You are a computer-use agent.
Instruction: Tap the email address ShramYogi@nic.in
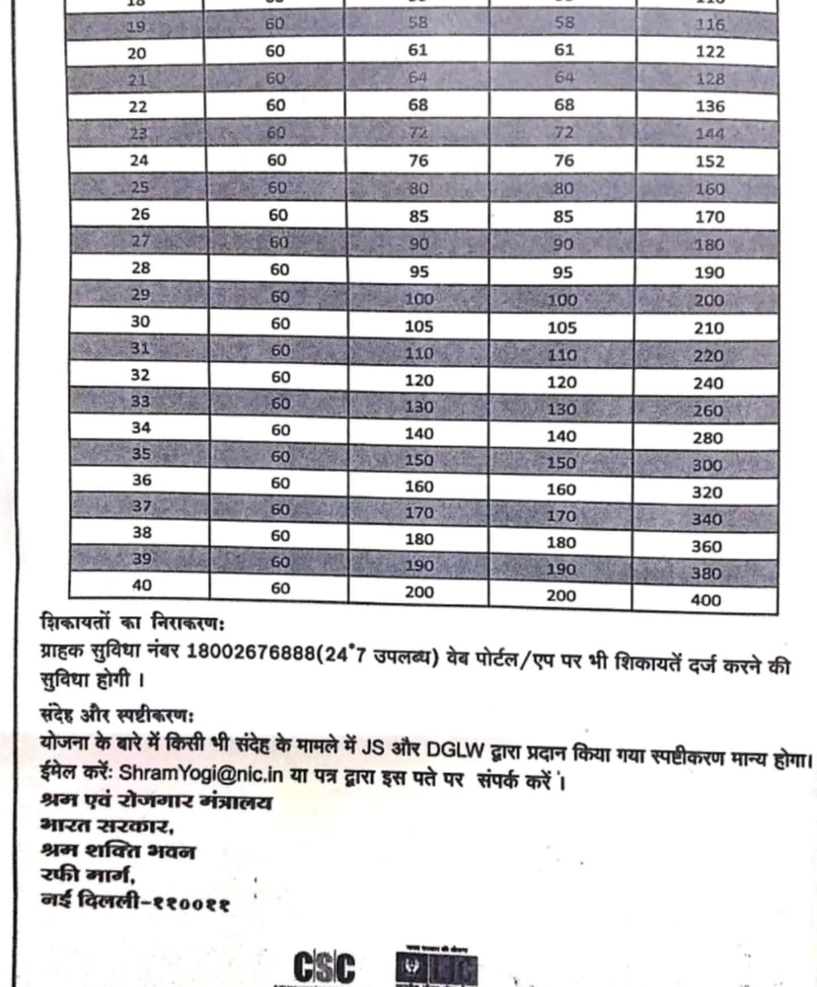click(x=201, y=774)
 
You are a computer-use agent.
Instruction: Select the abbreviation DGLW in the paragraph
click(x=455, y=750)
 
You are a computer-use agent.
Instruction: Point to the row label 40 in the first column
click(x=141, y=585)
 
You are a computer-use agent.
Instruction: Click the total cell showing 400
click(x=706, y=600)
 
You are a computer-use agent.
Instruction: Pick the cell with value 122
click(x=710, y=52)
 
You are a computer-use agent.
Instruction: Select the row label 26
click(x=140, y=214)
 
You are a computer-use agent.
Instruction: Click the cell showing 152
click(x=710, y=162)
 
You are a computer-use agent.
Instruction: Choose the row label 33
click(x=141, y=401)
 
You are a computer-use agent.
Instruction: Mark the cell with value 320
click(x=707, y=492)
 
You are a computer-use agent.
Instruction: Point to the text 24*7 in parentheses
click(x=346, y=656)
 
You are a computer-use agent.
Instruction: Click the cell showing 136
click(x=710, y=107)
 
